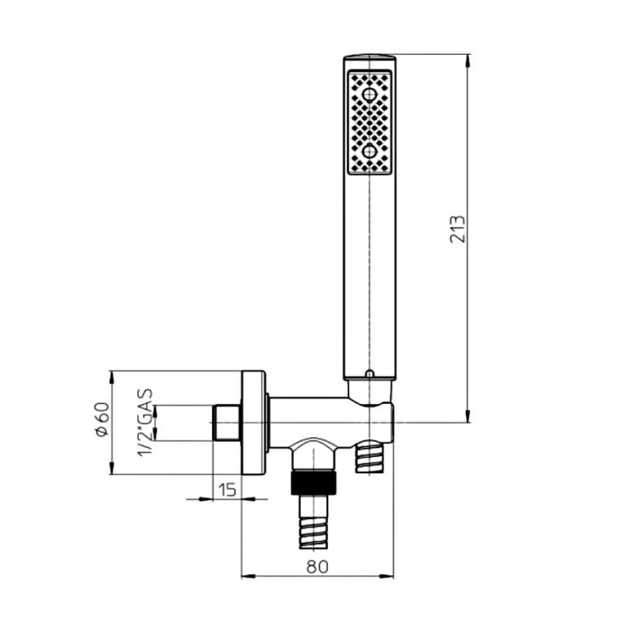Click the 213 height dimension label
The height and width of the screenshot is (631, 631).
click(457, 229)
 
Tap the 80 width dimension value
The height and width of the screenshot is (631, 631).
click(317, 567)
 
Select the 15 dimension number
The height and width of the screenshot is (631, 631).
click(227, 489)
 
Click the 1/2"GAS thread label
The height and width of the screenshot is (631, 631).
click(145, 423)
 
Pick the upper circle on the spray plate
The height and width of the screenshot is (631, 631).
click(369, 96)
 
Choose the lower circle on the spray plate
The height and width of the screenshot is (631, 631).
click(369, 151)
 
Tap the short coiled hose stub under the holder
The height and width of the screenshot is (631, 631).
click(370, 456)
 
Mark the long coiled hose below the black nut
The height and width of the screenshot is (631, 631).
click(313, 522)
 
